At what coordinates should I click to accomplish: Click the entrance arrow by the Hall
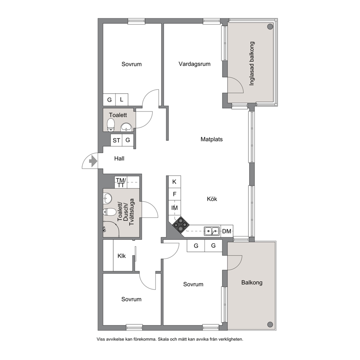point(93,161)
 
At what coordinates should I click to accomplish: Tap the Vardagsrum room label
point(195,64)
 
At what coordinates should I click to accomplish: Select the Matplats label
point(212,139)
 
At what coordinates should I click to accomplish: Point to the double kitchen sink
point(212,231)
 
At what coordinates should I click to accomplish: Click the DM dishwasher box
point(227,231)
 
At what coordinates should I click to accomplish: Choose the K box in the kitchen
point(175,182)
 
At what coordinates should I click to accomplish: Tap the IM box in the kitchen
point(175,208)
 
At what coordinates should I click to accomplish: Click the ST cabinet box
point(116,140)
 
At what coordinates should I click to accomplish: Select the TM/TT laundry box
point(121,182)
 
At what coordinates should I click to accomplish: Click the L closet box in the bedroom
point(122,100)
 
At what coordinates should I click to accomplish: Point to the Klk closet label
point(122,256)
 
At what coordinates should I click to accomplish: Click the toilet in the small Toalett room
point(111,124)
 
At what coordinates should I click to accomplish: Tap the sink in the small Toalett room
point(126,127)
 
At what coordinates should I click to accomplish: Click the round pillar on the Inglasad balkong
point(270,26)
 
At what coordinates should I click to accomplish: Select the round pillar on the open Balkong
point(270,324)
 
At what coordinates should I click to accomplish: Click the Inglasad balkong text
point(252,64)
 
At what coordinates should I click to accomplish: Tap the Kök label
point(212,199)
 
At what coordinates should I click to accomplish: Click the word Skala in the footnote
point(163,339)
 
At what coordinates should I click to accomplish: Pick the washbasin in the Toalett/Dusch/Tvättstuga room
point(107,198)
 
